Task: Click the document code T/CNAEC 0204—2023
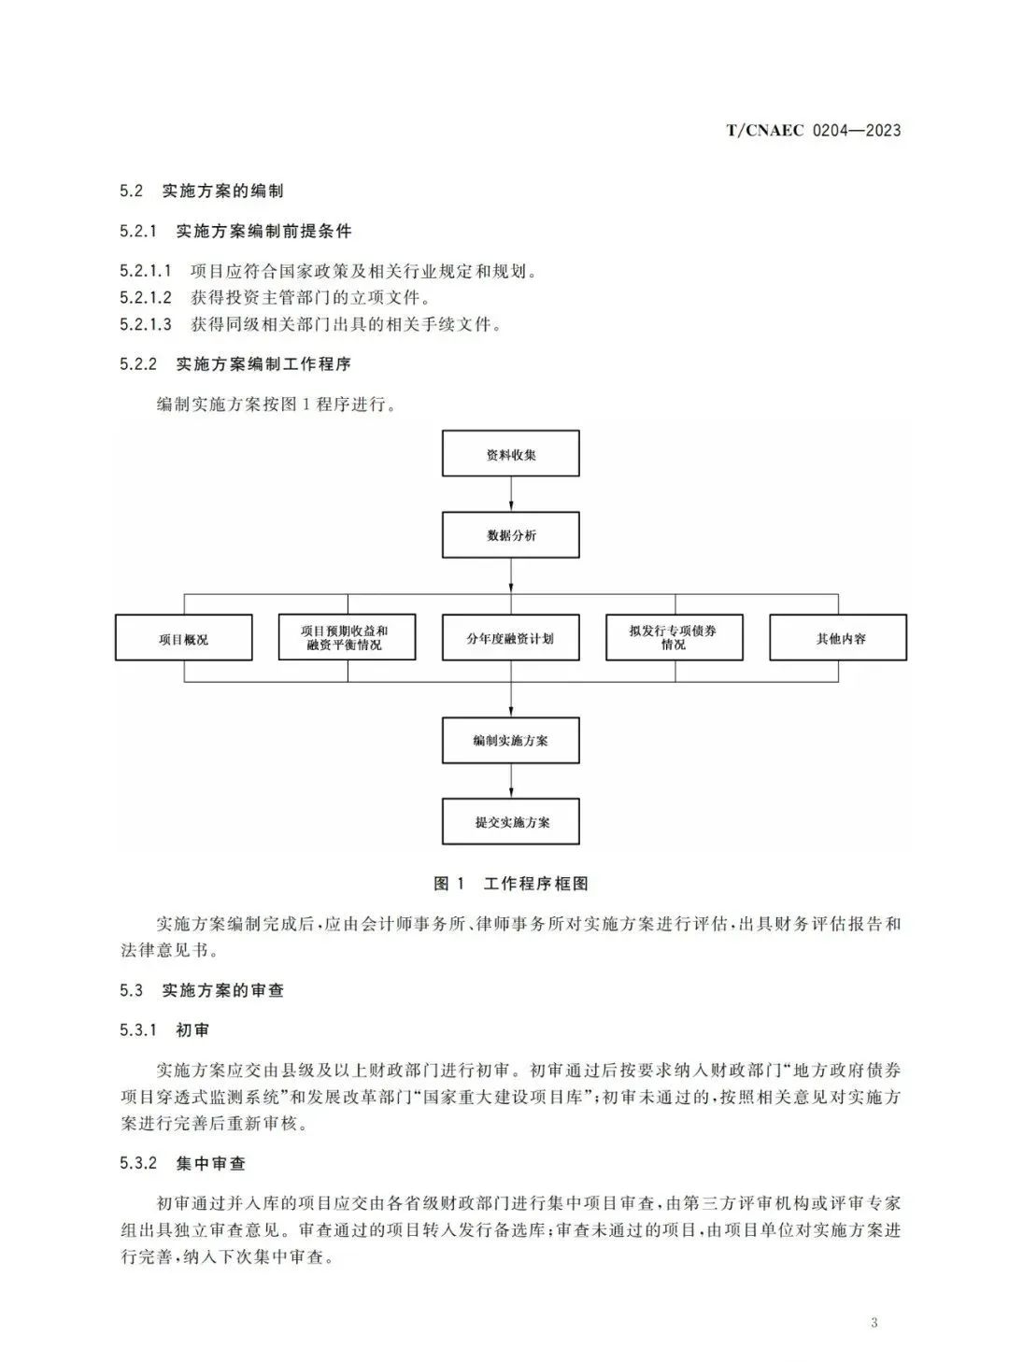pyautogui.click(x=813, y=130)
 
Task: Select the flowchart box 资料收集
pyautogui.click(x=510, y=453)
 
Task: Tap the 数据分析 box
pyautogui.click(x=510, y=535)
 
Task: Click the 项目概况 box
pyautogui.click(x=184, y=637)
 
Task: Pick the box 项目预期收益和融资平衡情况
pyautogui.click(x=347, y=637)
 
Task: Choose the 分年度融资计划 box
pyautogui.click(x=510, y=637)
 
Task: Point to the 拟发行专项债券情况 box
pyautogui.click(x=675, y=637)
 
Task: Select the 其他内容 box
pyautogui.click(x=838, y=637)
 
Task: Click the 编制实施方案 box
pyautogui.click(x=510, y=740)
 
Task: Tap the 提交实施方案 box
pyautogui.click(x=510, y=821)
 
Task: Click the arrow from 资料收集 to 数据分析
pyautogui.click(x=511, y=494)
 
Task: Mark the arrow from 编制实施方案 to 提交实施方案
pyautogui.click(x=511, y=780)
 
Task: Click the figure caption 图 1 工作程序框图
pyautogui.click(x=511, y=883)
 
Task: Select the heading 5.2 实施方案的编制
pyautogui.click(x=202, y=191)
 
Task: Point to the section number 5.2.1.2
pyautogui.click(x=146, y=297)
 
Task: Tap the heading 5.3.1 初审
pyautogui.click(x=164, y=1029)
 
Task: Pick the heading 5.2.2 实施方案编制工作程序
pyautogui.click(x=235, y=363)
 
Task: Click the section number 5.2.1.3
pyautogui.click(x=146, y=323)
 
